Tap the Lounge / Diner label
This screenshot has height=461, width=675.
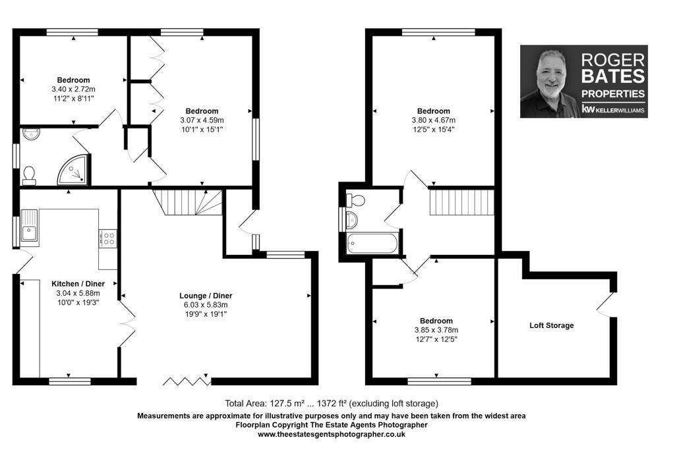click(206, 296)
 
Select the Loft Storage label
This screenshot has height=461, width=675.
click(552, 325)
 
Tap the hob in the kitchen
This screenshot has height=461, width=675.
click(108, 238)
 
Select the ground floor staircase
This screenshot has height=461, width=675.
click(189, 202)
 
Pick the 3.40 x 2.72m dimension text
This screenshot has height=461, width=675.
click(73, 90)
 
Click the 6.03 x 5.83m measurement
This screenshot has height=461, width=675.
click(206, 305)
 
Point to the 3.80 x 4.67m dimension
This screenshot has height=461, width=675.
click(433, 121)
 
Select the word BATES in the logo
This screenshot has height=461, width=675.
click(612, 76)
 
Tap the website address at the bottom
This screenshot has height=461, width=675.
click(331, 435)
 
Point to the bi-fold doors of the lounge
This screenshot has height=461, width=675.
click(187, 381)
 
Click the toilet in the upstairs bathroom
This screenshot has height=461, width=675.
click(357, 200)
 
